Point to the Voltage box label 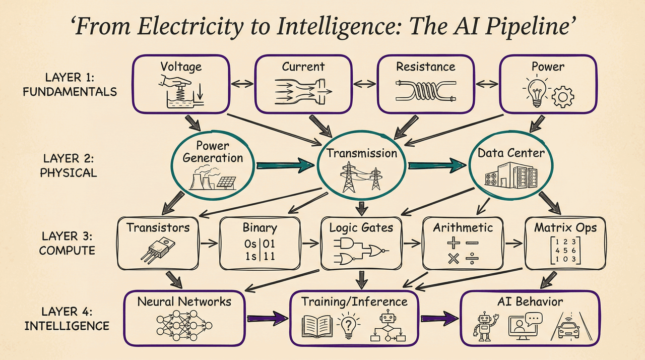tap(180, 67)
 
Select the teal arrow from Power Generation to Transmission tap(285, 164)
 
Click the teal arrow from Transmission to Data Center tap(436, 164)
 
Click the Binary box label tap(260, 228)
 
